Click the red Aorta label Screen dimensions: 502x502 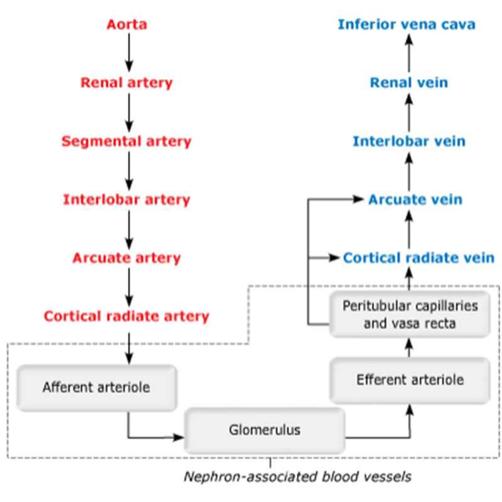pos(127,25)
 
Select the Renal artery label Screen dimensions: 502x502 pos(127,82)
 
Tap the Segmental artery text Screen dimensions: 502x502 pos(127,141)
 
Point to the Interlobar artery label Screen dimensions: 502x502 pos(127,200)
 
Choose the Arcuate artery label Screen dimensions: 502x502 pos(127,258)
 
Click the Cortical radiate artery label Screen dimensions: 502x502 pos(127,316)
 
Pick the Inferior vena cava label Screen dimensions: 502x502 pos(407,24)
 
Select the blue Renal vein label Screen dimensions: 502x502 pos(409,82)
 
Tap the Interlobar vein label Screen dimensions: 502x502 pos(409,141)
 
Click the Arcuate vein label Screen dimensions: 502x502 pos(415,200)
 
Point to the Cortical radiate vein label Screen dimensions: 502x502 pos(419,258)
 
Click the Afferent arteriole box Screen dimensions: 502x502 pos(97,387)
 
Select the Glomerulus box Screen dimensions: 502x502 pos(264,430)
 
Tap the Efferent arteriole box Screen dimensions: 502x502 pos(410,380)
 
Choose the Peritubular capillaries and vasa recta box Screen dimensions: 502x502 pos(410,314)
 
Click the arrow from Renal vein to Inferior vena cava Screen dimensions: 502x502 pos(409,53)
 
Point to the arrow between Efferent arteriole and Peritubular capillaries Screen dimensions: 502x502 pos(409,347)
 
